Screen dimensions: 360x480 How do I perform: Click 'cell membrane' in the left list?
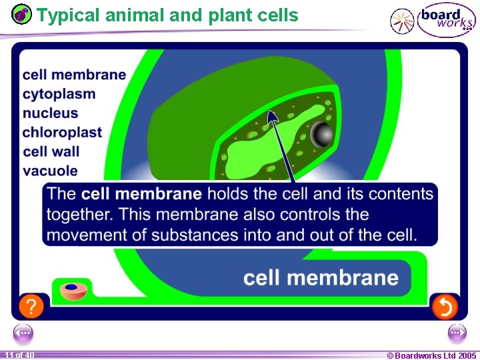tap(74, 75)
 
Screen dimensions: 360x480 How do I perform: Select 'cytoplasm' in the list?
tap(59, 94)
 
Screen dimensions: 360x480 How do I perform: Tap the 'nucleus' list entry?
tap(50, 113)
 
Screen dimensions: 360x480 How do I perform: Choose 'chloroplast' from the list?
tap(62, 132)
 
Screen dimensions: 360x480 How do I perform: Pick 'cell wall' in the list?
tap(51, 151)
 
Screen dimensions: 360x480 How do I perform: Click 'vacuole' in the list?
tap(50, 171)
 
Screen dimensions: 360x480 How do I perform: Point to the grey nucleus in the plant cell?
tap(323, 135)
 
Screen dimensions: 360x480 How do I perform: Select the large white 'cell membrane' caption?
tap(321, 277)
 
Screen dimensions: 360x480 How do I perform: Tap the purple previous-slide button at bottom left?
tap(23, 333)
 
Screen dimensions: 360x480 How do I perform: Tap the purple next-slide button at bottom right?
tap(457, 333)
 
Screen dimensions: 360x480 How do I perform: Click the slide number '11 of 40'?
tap(19, 355)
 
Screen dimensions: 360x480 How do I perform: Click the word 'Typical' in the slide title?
tap(62, 15)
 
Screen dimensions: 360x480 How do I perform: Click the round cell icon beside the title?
tap(22, 13)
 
